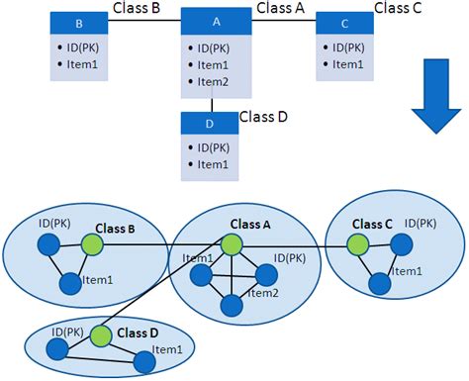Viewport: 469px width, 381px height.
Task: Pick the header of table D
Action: (x=210, y=123)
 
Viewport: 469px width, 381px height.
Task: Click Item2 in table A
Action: (x=213, y=81)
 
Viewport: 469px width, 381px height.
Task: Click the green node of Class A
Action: (x=233, y=244)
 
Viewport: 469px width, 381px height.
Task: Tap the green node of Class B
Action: (x=92, y=241)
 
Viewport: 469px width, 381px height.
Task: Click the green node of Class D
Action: (x=99, y=335)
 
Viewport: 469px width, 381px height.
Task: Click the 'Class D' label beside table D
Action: (x=263, y=117)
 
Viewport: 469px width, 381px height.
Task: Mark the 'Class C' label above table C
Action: (x=399, y=9)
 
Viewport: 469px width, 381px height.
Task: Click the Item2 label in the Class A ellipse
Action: (x=262, y=293)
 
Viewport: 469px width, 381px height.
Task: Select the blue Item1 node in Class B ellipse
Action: (x=69, y=284)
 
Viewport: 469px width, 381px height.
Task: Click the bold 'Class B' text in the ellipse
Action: (x=115, y=229)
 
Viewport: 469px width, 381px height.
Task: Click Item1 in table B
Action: (x=82, y=64)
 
